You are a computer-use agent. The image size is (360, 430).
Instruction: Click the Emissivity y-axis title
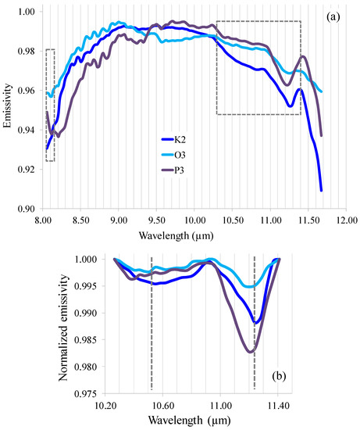point(9,110)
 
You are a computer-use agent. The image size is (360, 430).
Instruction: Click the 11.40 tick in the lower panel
point(278,405)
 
